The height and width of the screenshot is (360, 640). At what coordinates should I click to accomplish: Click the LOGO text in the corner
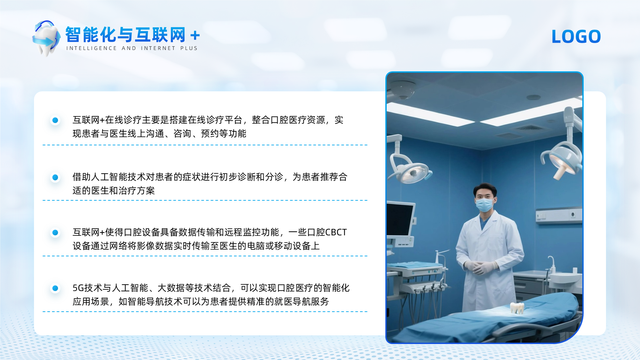(576, 36)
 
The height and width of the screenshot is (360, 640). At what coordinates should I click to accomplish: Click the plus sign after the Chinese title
(195, 35)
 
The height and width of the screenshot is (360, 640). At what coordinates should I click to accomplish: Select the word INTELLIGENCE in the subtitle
(91, 48)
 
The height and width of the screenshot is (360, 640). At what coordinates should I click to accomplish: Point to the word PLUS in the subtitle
(189, 48)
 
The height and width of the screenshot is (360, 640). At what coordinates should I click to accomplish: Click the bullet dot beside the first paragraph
(55, 120)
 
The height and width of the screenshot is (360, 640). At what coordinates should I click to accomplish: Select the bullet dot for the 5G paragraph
(55, 288)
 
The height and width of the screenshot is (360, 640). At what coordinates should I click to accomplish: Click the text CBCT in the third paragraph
(336, 232)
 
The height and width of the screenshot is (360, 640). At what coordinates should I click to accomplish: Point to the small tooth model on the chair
(517, 308)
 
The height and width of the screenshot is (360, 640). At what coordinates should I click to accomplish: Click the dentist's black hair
(485, 189)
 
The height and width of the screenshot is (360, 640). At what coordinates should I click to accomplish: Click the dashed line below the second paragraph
(205, 200)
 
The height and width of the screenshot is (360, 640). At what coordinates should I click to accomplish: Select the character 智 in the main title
(73, 34)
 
